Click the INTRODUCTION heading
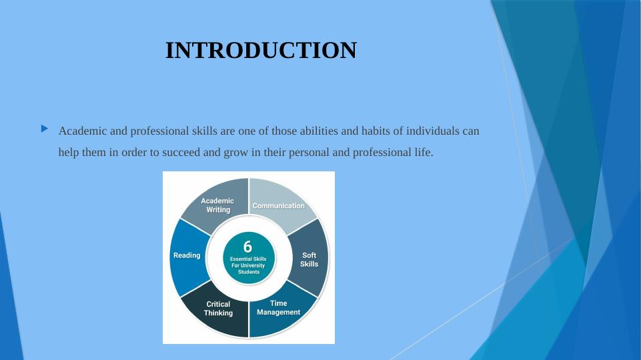tap(261, 50)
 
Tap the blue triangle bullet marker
tap(45, 129)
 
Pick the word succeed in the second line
tap(181, 153)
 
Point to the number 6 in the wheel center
tap(247, 247)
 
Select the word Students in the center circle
tap(249, 272)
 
